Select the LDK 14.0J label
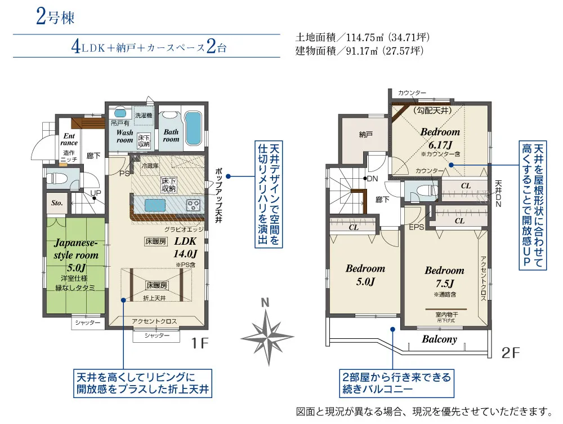point(186,248)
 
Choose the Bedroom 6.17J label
point(440,139)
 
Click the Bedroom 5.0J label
point(365,275)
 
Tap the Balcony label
point(440,339)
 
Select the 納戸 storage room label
point(365,135)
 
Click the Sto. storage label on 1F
point(57,203)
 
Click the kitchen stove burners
point(193,206)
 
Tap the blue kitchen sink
point(155,206)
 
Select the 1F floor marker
point(200,343)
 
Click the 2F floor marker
point(510,353)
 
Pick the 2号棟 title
point(55,16)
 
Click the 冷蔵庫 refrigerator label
point(150,166)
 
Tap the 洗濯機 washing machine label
point(144,116)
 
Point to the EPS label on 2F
point(417,227)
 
